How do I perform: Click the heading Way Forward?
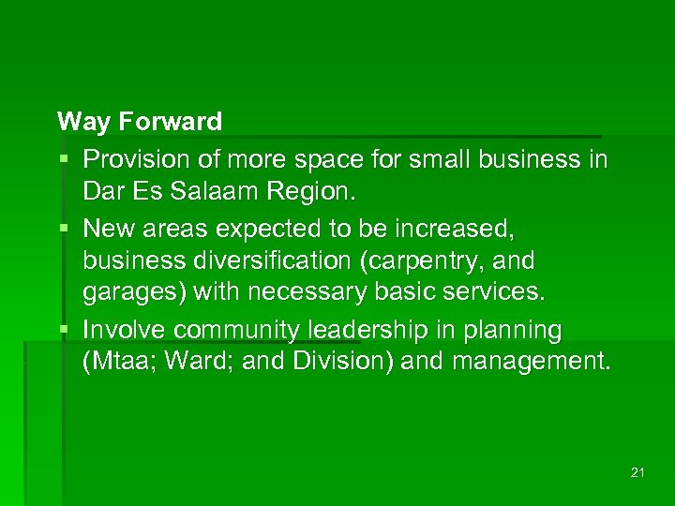tap(140, 122)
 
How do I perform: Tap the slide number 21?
tap(637, 472)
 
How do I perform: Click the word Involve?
tap(126, 330)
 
